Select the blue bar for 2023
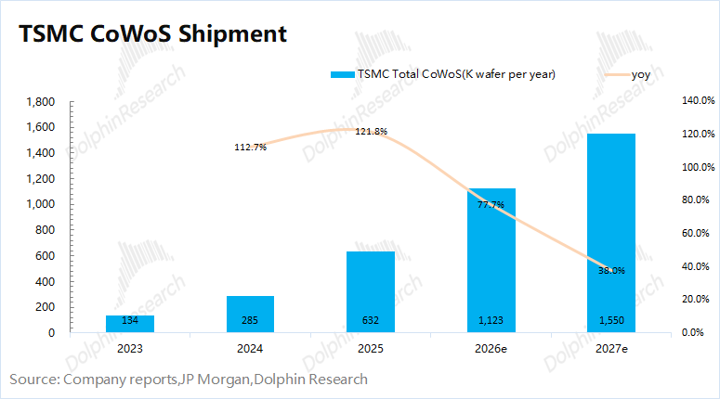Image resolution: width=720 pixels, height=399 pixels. point(130,324)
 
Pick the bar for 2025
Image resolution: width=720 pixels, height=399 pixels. point(370,291)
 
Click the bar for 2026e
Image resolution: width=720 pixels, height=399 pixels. point(491,260)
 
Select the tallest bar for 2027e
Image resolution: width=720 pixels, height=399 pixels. point(610,232)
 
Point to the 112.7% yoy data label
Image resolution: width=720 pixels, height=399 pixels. point(251,147)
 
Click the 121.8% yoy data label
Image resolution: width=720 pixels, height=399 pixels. point(371,131)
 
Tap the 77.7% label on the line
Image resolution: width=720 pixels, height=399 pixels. point(491,204)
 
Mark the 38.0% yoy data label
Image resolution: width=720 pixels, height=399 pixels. point(610,270)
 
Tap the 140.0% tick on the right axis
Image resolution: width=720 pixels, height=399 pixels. point(697,101)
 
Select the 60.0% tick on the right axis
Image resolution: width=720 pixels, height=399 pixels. point(697,233)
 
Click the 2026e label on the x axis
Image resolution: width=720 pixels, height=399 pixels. point(491,350)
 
